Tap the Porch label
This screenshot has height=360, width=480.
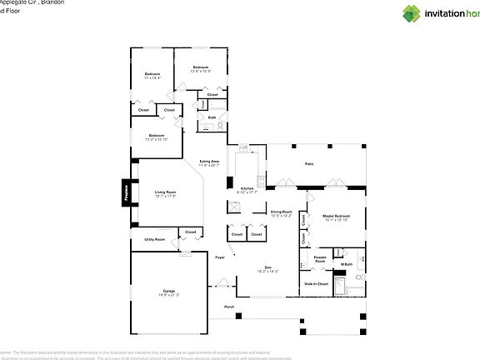[229, 307]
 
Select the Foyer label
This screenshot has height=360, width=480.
[220, 257]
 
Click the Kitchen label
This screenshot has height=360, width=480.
[247, 188]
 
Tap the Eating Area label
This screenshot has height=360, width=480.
[209, 161]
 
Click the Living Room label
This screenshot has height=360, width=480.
[165, 192]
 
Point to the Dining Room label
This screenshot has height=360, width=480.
[282, 212]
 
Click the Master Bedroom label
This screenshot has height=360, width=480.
[336, 216]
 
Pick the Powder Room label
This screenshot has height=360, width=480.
[320, 258]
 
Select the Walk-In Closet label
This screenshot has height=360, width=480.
[316, 284]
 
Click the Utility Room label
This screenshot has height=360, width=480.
[154, 239]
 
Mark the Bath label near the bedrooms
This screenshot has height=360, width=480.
[212, 117]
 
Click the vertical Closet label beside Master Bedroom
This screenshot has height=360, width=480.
[304, 237]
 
